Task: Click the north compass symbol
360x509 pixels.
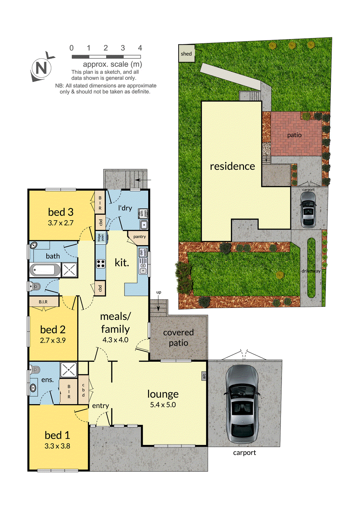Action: coord(41,68)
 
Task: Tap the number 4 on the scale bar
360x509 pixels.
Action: coord(140,48)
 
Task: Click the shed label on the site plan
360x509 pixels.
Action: coord(186,54)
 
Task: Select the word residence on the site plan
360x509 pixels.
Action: coord(232,166)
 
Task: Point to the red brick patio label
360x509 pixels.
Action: coord(294,135)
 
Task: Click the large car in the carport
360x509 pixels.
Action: coord(242,404)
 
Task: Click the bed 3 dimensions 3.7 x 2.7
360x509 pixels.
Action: coord(61,223)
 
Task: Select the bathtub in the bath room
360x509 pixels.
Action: coord(45,270)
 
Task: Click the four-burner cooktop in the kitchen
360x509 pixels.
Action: coord(101,264)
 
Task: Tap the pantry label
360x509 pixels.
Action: coord(140,237)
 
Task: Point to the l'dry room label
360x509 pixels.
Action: coord(125,208)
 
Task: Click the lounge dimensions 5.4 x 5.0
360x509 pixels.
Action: coord(163,405)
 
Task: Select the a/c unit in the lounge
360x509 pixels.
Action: coord(204,376)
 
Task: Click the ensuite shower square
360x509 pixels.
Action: coord(69,370)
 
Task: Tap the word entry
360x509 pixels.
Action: coord(101,406)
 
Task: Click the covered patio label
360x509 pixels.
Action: coord(178,337)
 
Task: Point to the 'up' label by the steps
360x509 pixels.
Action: coord(159,292)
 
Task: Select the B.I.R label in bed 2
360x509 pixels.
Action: coord(43,302)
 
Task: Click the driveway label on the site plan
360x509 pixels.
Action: coord(311,271)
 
